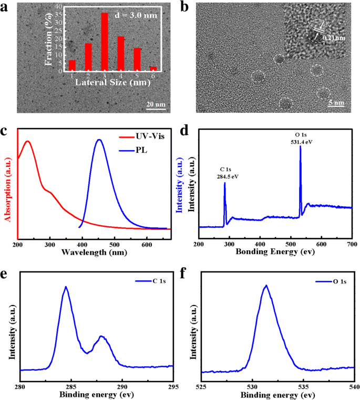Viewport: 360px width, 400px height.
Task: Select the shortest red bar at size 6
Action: [153, 69]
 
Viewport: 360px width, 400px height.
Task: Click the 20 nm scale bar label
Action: [156, 105]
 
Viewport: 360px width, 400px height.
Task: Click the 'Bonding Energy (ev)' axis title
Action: [274, 253]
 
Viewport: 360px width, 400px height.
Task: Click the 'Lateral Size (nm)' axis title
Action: [112, 82]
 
